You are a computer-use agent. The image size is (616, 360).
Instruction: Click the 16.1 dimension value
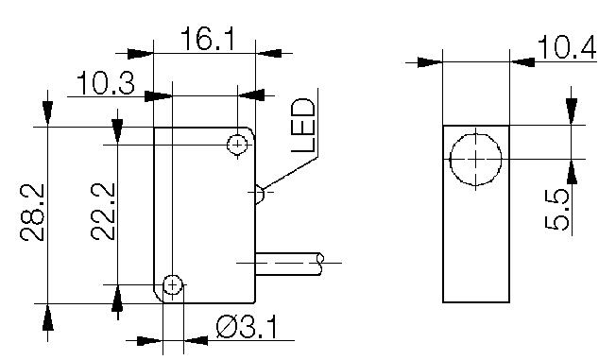click(204, 39)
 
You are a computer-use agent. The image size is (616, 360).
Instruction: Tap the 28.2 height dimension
click(35, 214)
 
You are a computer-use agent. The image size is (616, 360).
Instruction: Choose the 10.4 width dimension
click(567, 48)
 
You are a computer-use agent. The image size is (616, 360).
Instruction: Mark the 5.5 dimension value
click(557, 209)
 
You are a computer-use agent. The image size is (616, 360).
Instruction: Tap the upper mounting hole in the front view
click(236, 144)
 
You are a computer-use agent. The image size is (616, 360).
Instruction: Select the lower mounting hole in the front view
click(172, 284)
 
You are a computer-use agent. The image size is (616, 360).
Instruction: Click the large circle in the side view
click(475, 159)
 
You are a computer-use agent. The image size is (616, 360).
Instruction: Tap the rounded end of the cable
click(322, 259)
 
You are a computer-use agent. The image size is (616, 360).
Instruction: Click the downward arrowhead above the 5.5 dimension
click(571, 111)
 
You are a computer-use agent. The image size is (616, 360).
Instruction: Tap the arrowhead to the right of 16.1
click(266, 53)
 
